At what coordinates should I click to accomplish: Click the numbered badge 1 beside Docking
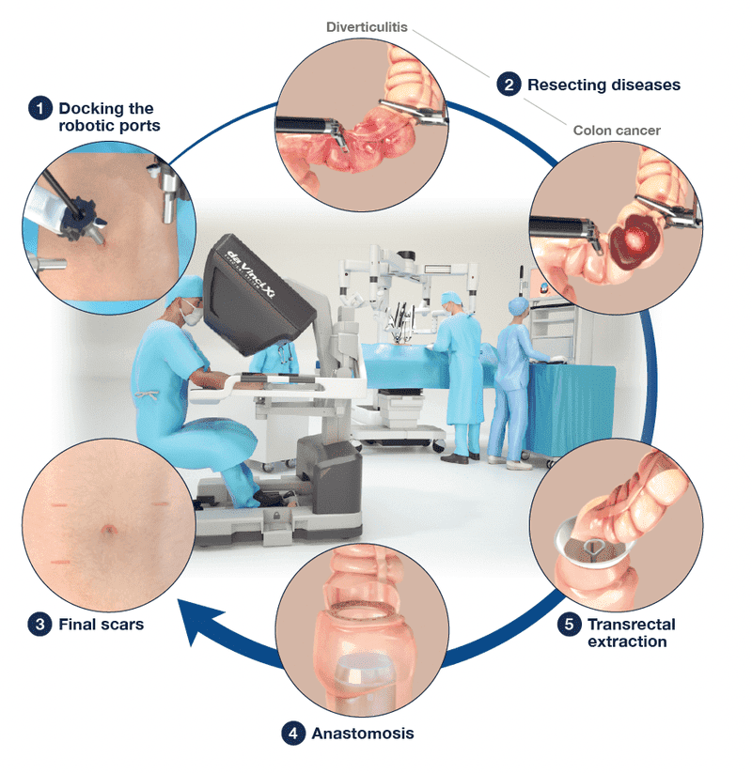click(x=40, y=108)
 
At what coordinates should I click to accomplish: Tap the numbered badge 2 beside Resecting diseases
click(x=509, y=85)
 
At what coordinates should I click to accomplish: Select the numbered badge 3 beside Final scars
click(x=40, y=624)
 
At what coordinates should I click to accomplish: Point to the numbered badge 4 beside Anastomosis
click(x=293, y=733)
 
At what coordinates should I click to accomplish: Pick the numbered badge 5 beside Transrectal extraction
click(x=569, y=624)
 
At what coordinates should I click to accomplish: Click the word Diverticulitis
click(x=367, y=27)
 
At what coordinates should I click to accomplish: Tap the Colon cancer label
click(x=617, y=131)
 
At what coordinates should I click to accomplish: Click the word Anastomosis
click(x=363, y=733)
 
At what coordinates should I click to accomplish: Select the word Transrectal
click(x=631, y=624)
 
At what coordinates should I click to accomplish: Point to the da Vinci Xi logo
click(x=250, y=274)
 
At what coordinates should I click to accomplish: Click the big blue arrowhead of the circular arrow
click(x=198, y=621)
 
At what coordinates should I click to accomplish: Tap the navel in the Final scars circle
click(x=108, y=530)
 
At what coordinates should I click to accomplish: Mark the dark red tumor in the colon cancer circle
click(x=634, y=240)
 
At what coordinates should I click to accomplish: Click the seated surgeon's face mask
click(x=191, y=314)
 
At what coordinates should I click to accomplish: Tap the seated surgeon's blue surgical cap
click(x=185, y=288)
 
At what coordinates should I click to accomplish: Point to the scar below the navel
click(x=58, y=562)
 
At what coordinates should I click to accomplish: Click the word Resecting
click(x=567, y=85)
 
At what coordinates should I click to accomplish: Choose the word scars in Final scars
click(x=121, y=625)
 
